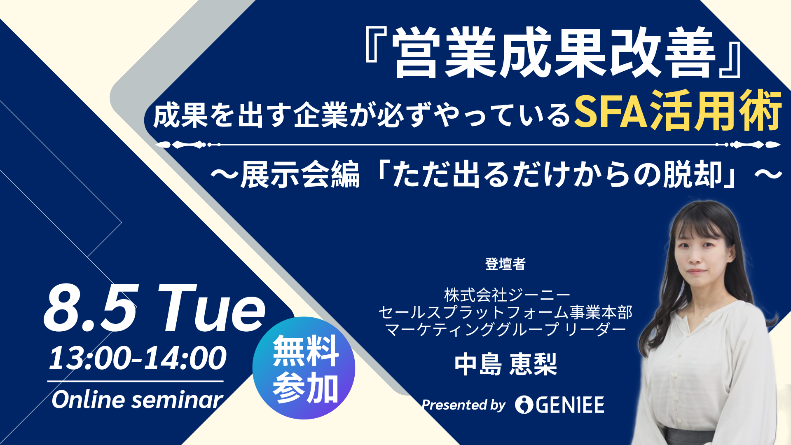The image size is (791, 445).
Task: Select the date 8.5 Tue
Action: click(x=155, y=308)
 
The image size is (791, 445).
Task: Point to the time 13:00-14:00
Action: click(x=138, y=358)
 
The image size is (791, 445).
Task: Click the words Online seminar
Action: click(x=137, y=400)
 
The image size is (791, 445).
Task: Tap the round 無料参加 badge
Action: click(x=304, y=368)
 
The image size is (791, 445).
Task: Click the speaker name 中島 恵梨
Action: click(x=505, y=364)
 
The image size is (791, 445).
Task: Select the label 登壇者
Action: click(x=505, y=264)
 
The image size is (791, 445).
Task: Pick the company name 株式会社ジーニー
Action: click(x=507, y=295)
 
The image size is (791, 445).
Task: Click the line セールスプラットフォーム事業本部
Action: click(x=505, y=312)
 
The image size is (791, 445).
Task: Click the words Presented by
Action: click(x=463, y=405)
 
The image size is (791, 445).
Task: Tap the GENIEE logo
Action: click(x=560, y=405)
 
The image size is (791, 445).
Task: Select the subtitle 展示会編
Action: click(x=300, y=175)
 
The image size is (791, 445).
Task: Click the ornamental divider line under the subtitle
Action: click(x=468, y=145)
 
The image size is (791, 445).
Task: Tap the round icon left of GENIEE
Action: click(x=524, y=405)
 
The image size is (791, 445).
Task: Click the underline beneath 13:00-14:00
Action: click(x=136, y=381)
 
